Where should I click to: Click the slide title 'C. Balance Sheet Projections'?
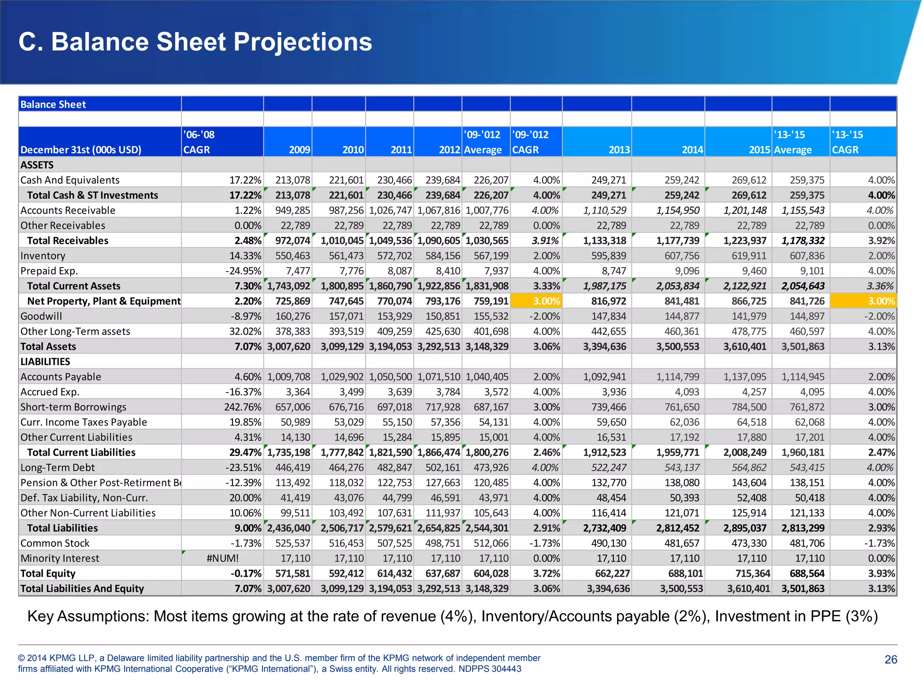click(195, 42)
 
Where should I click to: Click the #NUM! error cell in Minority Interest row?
click(223, 558)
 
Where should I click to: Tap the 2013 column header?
click(619, 149)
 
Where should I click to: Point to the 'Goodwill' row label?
click(41, 316)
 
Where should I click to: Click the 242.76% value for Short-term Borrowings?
click(242, 407)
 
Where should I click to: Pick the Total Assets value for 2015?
click(745, 346)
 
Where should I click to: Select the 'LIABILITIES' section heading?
click(45, 361)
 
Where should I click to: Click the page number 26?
click(891, 660)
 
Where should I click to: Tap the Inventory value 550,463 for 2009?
click(292, 256)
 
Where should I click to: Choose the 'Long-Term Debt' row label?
click(58, 467)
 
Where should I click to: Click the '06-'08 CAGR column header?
click(199, 142)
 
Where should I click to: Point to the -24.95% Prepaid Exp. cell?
click(243, 271)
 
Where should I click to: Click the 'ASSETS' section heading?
click(37, 165)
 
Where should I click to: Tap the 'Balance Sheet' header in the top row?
click(53, 104)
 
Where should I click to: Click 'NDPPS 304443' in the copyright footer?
click(489, 669)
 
